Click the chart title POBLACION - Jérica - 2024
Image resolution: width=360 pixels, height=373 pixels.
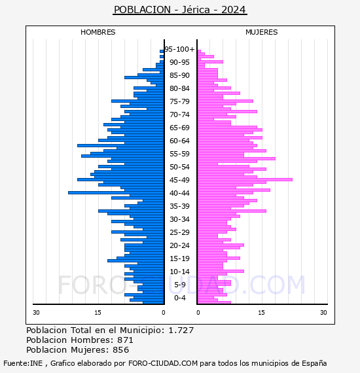tap(179, 10)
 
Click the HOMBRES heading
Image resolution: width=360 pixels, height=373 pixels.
tap(98, 32)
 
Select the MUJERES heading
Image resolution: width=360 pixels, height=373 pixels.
tap(261, 32)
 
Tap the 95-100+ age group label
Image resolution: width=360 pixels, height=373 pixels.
tap(179, 49)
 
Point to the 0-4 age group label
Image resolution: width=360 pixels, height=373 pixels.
tap(179, 298)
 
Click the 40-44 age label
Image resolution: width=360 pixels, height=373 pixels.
tap(179, 193)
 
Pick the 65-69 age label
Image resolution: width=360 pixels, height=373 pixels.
tap(179, 128)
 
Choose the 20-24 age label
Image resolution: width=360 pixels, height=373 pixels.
tap(179, 245)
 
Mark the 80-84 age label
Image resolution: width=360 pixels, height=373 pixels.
tap(179, 88)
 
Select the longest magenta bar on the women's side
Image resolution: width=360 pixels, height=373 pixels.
tap(245, 179)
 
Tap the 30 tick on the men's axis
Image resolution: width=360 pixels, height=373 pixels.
tap(37, 313)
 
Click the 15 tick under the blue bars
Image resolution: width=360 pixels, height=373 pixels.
tap(98, 313)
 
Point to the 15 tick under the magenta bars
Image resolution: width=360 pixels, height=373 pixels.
tap(261, 313)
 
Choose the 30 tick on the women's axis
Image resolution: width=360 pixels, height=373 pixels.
tap(323, 313)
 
